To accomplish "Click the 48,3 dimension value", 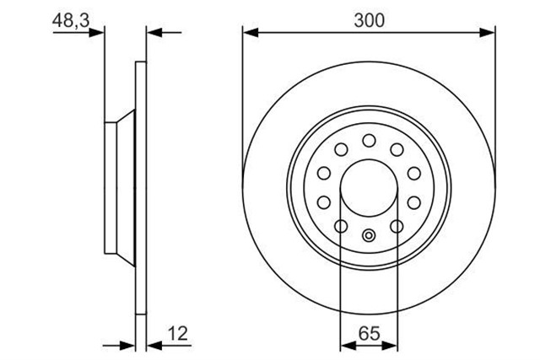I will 68,21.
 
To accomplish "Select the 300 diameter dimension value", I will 369,21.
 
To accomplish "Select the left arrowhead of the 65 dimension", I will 345,345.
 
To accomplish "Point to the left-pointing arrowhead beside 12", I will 153,345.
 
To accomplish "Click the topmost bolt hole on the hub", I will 369,140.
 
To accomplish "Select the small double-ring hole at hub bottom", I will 369,237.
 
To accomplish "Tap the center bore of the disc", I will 369,188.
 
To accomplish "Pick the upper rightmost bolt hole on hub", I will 414,174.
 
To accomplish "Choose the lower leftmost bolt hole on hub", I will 341,227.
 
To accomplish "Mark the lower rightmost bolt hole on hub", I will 397,227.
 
